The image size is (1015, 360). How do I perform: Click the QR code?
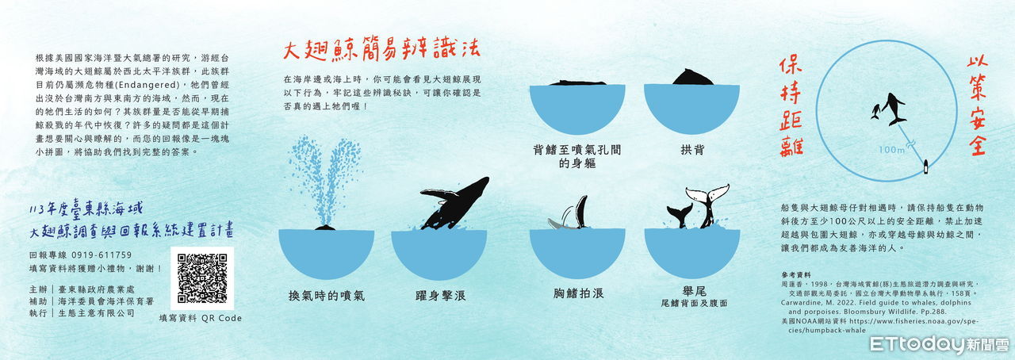tap(202, 278)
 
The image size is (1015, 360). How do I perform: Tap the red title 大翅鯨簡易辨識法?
tap(381, 52)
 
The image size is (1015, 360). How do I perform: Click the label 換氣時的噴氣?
tap(326, 296)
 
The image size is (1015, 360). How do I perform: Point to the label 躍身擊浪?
tap(441, 296)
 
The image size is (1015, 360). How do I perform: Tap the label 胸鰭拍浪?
tap(578, 293)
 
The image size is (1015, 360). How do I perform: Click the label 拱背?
tap(692, 150)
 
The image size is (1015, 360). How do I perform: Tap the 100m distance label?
tap(891, 150)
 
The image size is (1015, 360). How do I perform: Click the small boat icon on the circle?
tap(925, 167)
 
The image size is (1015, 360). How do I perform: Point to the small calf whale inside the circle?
tap(875, 111)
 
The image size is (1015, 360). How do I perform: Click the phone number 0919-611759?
tap(101, 255)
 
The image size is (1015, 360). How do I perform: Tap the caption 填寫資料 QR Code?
tap(201, 318)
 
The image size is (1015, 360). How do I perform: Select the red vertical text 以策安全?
tap(978, 106)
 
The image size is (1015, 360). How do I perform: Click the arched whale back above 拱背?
tap(692, 78)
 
